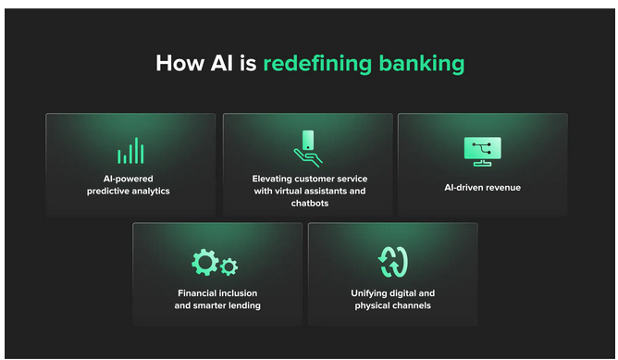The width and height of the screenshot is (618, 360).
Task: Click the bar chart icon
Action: coord(130,151)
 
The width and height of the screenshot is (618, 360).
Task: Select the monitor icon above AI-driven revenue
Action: coord(482,151)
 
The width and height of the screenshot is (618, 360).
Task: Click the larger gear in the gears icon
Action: coord(204,261)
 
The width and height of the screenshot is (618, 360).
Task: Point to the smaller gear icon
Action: coord(229,267)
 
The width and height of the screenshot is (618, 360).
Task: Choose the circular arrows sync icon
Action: coord(393,262)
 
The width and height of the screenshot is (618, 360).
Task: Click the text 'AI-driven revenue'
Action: coord(482,187)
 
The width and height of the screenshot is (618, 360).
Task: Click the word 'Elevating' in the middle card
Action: coord(274,179)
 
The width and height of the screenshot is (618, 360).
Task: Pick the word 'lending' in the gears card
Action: coord(242,305)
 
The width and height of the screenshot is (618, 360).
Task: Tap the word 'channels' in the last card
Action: coord(411,305)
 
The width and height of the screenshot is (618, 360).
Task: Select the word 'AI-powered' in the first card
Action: coord(129,179)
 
